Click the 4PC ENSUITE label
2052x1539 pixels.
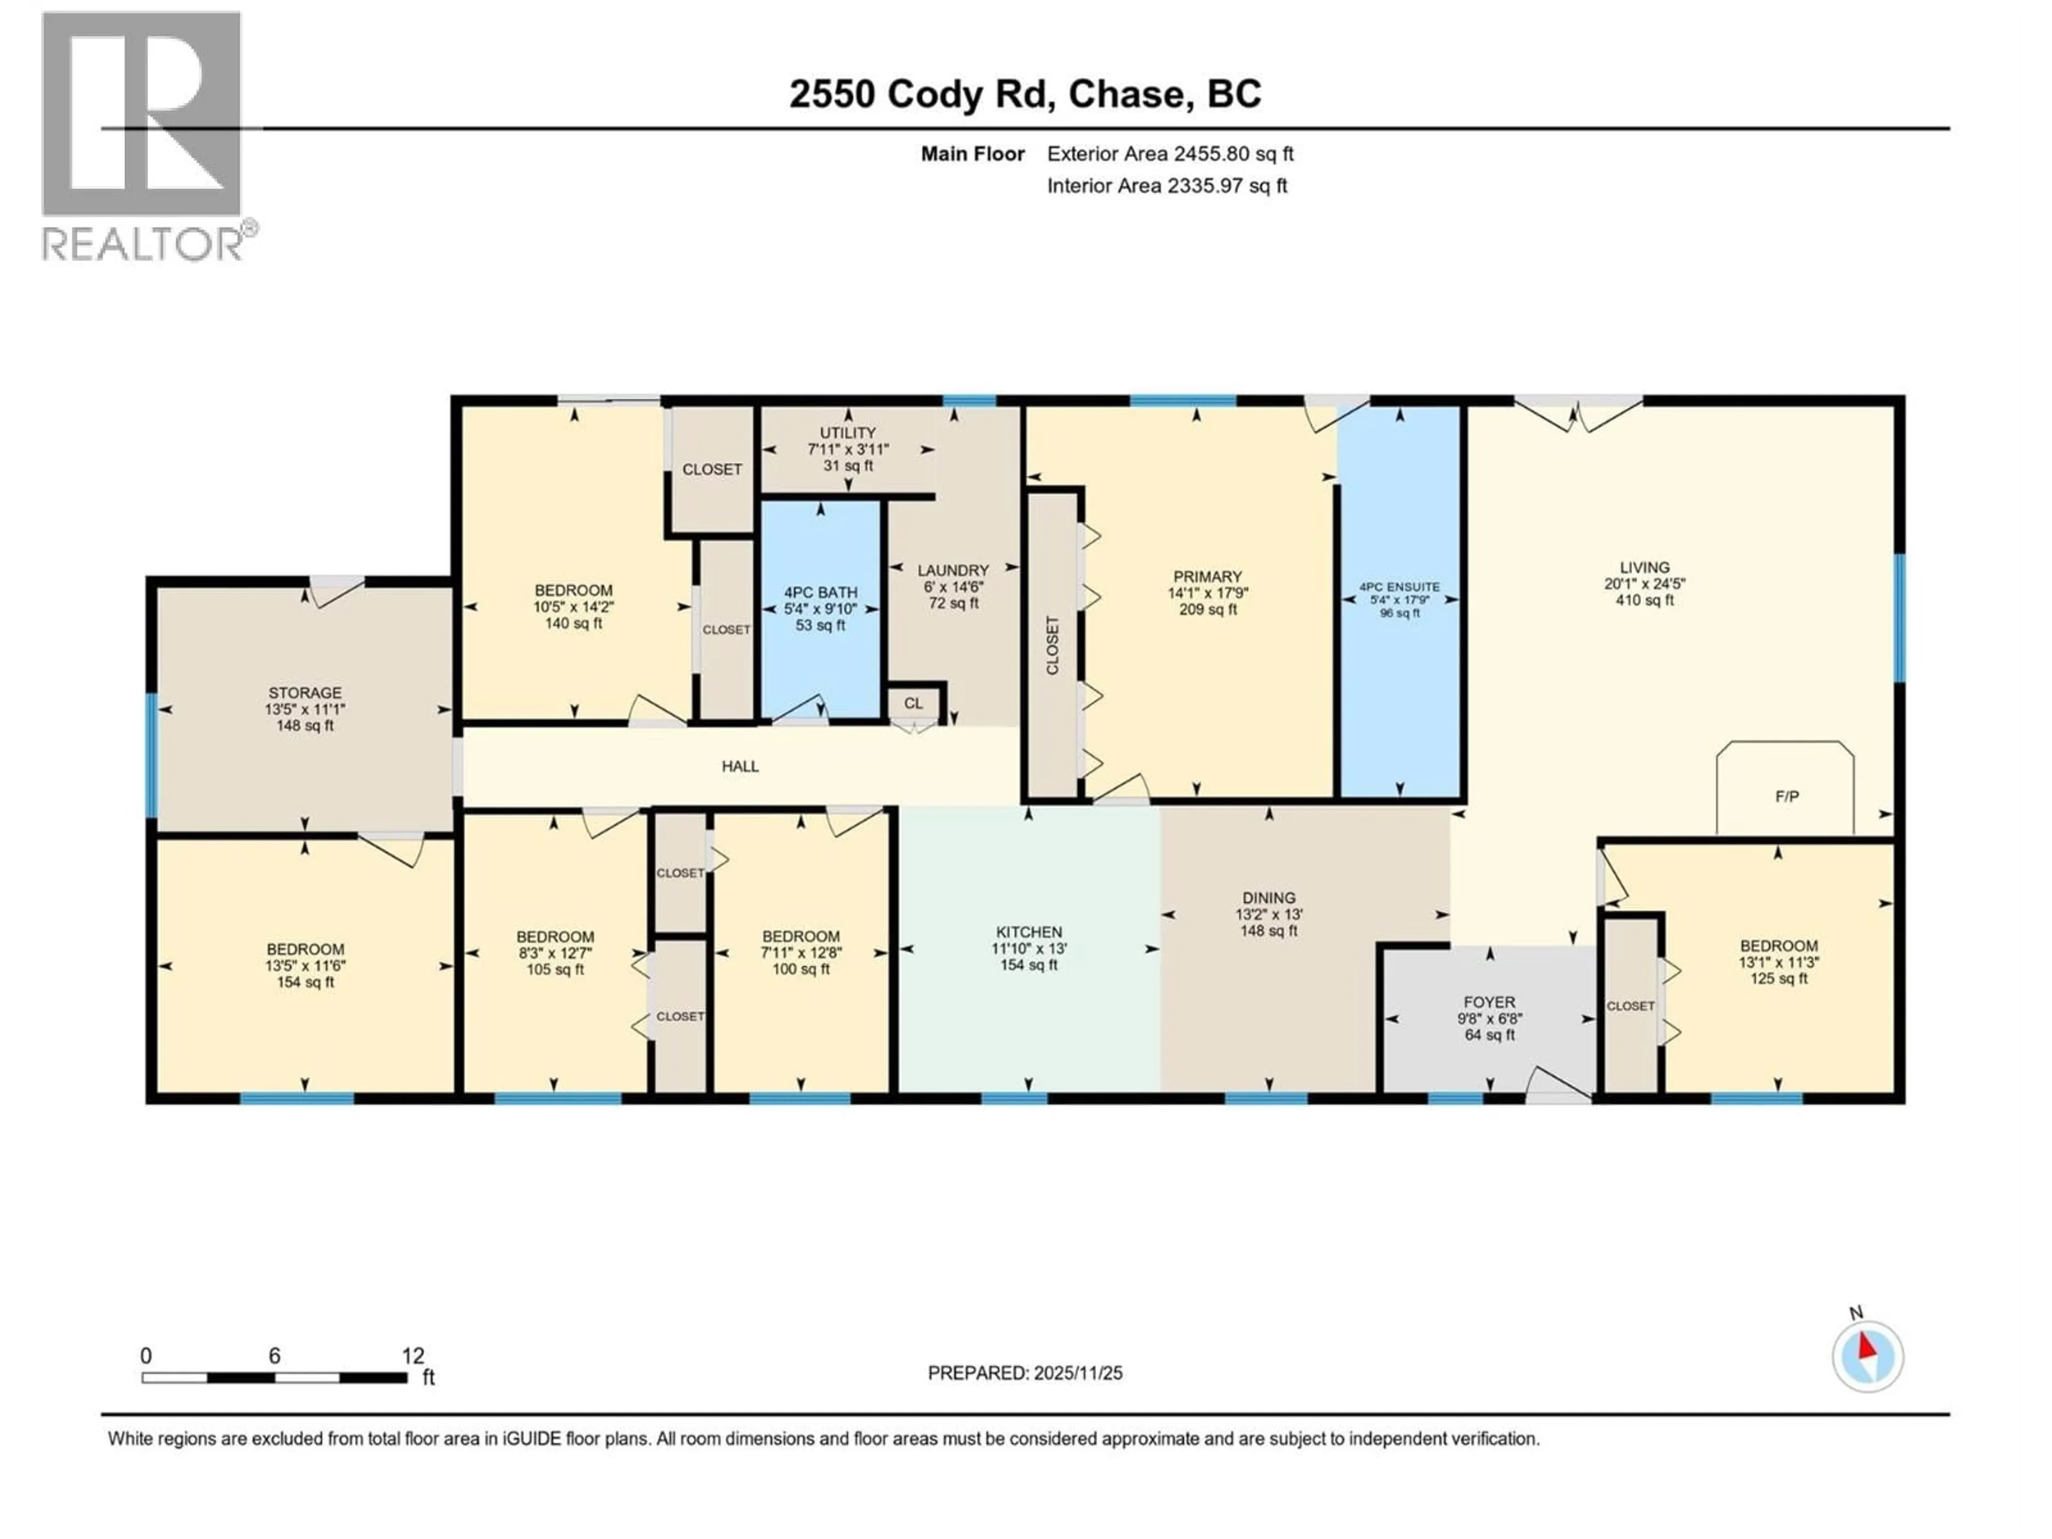pyautogui.click(x=1399, y=587)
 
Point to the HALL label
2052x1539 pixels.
pyautogui.click(x=740, y=766)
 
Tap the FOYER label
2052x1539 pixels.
pyautogui.click(x=1489, y=1002)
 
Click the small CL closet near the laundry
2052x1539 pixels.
pyautogui.click(x=914, y=703)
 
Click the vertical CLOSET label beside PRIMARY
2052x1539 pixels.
pyautogui.click(x=1052, y=645)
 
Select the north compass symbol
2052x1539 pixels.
pyautogui.click(x=1868, y=1356)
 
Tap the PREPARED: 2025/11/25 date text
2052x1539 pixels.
pyautogui.click(x=1025, y=1373)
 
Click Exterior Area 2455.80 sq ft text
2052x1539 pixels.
pyautogui.click(x=1170, y=154)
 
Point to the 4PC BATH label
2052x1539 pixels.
pyautogui.click(x=820, y=593)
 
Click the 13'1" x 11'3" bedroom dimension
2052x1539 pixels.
pyautogui.click(x=1778, y=963)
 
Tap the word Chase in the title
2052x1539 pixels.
pyautogui.click(x=1126, y=94)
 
